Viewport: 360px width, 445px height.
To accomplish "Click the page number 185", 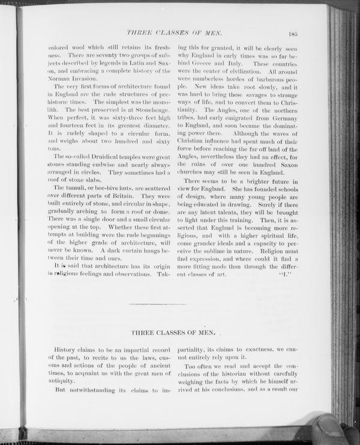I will (x=293, y=34).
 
